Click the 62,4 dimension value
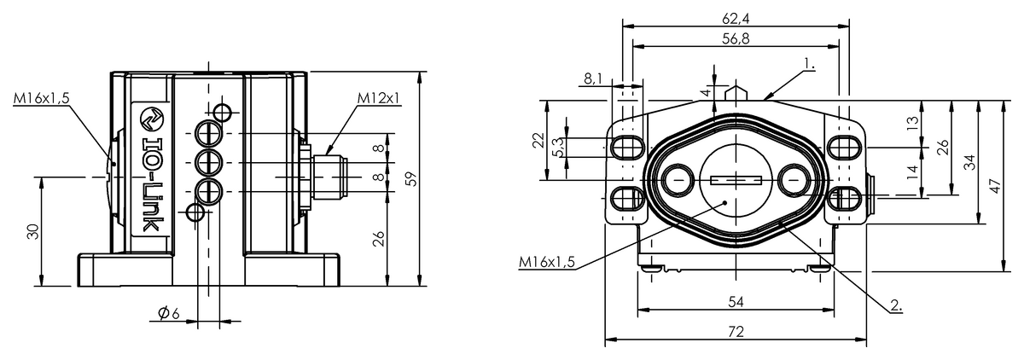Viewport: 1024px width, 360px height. point(736,18)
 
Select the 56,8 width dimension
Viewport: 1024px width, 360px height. point(736,38)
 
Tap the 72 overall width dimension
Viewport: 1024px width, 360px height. point(736,331)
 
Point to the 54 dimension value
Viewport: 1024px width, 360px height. point(736,301)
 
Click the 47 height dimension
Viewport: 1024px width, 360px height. point(995,186)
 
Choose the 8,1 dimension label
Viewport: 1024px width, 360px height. point(593,79)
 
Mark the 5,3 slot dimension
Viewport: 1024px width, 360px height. point(559,147)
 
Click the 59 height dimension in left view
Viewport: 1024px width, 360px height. point(411,178)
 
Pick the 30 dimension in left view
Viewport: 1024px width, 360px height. point(33,232)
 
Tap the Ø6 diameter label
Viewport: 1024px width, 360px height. point(169,313)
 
